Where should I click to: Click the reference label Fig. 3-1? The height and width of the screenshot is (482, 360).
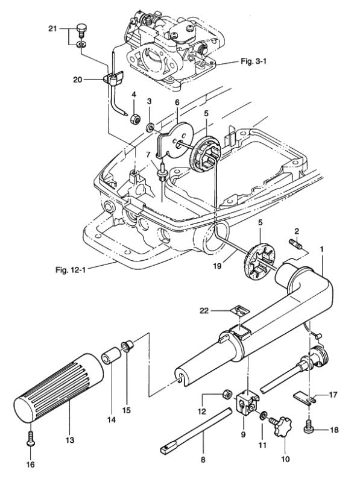(253, 61)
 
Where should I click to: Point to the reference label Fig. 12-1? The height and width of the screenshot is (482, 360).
(71, 270)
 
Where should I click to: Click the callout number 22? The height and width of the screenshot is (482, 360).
(204, 311)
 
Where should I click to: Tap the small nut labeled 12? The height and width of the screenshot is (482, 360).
(227, 394)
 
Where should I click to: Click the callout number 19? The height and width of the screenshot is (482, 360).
(217, 265)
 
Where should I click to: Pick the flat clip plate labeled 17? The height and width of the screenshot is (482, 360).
(303, 396)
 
